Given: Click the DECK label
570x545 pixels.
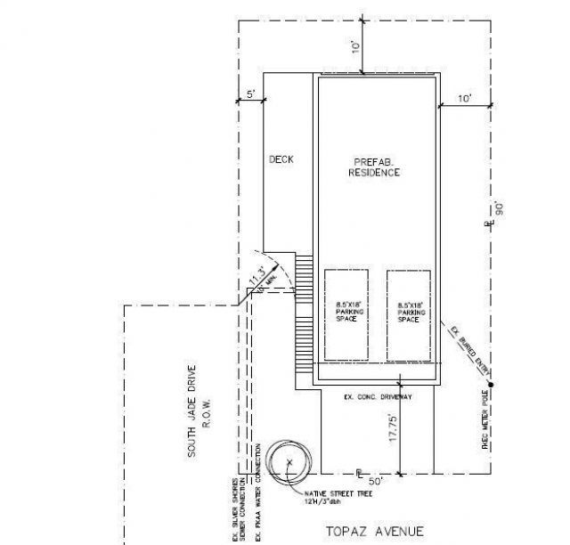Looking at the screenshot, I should pyautogui.click(x=281, y=160).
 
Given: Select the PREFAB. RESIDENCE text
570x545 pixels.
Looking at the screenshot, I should pyautogui.click(x=376, y=167).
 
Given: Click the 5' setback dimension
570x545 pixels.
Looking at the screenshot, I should pyautogui.click(x=251, y=94).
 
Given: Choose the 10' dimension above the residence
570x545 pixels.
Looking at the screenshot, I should pyautogui.click(x=355, y=45).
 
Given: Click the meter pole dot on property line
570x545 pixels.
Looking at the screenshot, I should pyautogui.click(x=490, y=384).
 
